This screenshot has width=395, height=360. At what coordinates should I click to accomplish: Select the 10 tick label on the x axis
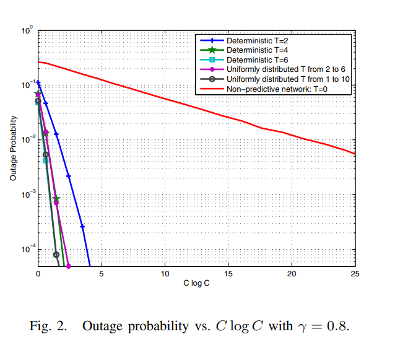165,274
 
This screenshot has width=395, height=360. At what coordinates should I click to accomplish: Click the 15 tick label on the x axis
228,274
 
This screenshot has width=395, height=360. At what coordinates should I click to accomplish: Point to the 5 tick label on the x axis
102,274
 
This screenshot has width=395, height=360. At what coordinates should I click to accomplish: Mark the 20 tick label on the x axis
292,274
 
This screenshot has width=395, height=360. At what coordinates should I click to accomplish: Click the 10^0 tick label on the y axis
27,30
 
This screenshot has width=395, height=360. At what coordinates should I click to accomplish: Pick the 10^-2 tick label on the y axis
27,139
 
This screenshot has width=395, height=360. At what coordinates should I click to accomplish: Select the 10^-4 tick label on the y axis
27,249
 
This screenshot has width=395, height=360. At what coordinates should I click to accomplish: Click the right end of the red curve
355,154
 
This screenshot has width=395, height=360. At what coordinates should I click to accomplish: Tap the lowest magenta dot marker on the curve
68,266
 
